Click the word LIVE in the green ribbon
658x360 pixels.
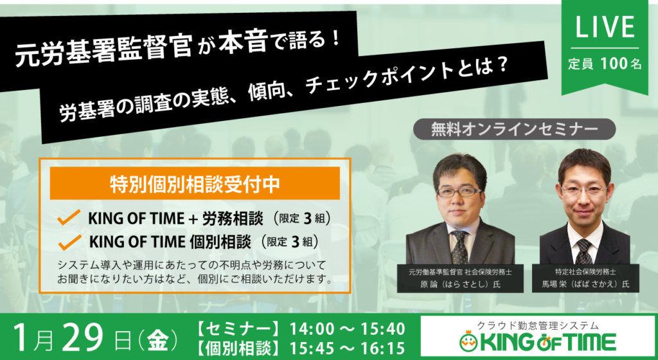[605, 27]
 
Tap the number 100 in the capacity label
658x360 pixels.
[614, 64]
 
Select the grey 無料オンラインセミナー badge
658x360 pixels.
[514, 129]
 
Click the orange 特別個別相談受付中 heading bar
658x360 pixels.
[195, 183]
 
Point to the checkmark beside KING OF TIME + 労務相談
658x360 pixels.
[68, 217]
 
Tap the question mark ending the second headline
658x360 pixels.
[503, 68]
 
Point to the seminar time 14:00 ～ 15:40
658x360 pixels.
[347, 328]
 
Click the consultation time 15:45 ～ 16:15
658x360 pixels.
[347, 348]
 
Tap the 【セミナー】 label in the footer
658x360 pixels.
[238, 329]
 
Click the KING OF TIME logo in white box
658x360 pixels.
[538, 342]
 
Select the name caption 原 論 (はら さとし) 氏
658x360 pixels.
[460, 285]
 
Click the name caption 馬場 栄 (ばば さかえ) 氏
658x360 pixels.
[585, 285]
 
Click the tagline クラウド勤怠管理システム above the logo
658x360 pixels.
[538, 325]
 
